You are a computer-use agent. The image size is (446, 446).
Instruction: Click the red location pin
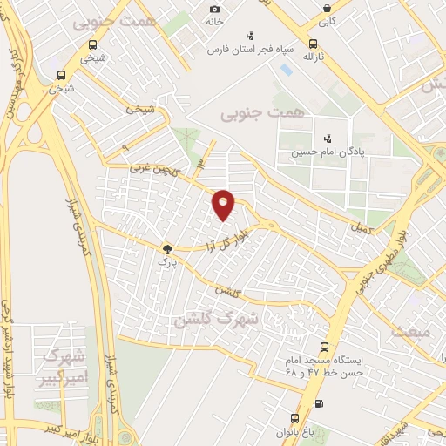tap(224, 204)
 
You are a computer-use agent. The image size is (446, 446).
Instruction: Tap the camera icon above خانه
tap(214, 9)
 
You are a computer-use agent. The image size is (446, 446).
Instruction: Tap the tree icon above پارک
tap(167, 248)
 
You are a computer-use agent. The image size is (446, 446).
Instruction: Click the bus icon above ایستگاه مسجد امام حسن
tap(325, 347)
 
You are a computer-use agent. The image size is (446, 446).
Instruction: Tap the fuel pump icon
tap(318, 402)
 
